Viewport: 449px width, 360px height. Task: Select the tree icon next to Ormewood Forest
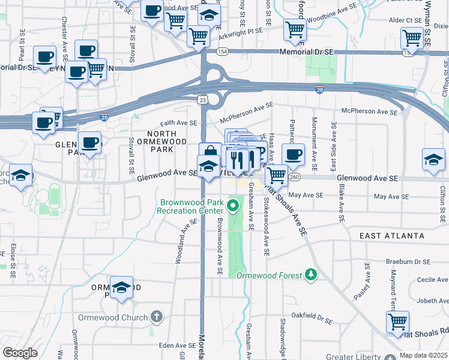click(310, 274)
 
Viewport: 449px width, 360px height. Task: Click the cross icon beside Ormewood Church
click(156, 316)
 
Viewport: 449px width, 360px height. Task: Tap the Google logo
click(20, 353)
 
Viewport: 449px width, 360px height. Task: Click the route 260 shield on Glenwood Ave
click(294, 176)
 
